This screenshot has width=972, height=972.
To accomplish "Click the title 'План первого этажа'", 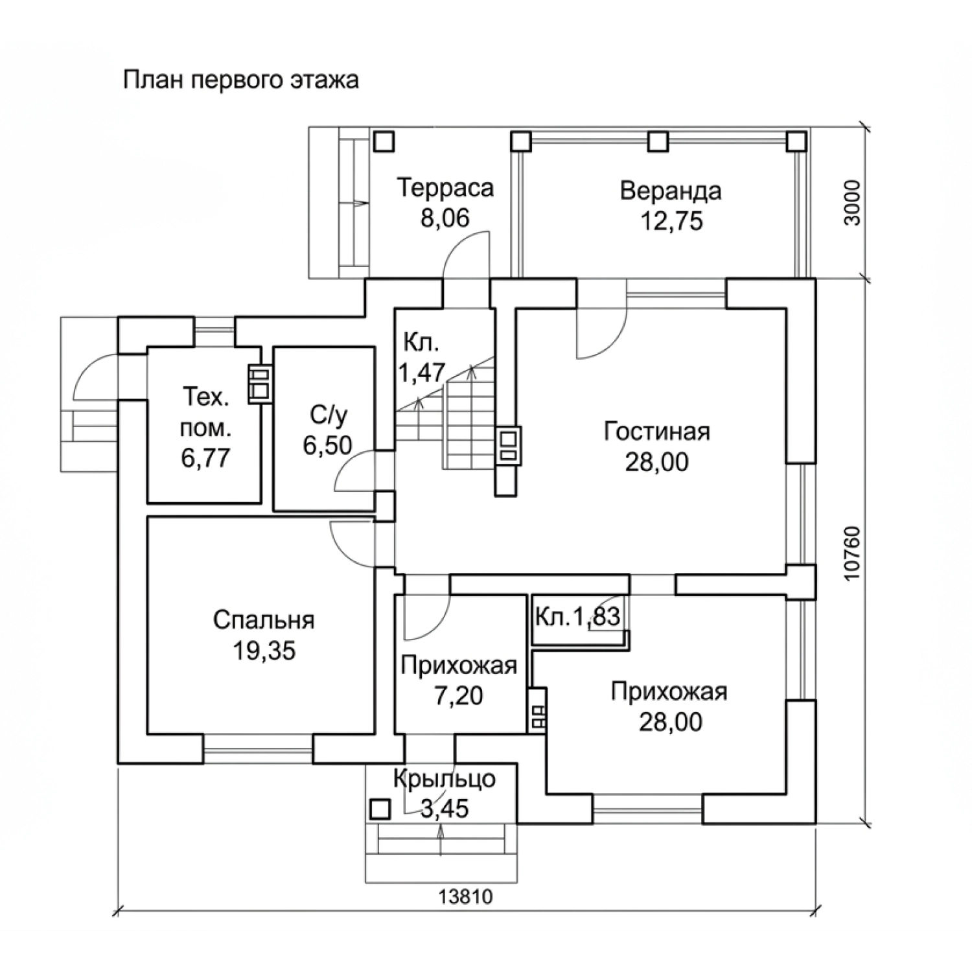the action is tap(240, 81).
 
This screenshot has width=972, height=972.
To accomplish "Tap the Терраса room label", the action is tap(445, 188).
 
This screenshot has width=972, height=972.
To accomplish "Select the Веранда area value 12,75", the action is tap(671, 221).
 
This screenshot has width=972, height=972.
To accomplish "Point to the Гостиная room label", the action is tap(657, 432).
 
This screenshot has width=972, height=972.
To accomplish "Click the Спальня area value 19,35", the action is tap(264, 651).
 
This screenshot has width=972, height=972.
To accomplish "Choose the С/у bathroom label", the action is tap(329, 414).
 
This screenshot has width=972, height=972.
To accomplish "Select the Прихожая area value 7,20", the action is tap(458, 696).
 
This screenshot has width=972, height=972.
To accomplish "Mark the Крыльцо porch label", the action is tap(444, 779).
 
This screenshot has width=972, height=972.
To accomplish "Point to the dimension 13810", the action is tap(466, 897).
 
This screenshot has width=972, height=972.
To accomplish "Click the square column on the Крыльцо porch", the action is tap(380, 809).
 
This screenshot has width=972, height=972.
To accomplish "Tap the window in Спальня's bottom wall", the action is tap(258, 750).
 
